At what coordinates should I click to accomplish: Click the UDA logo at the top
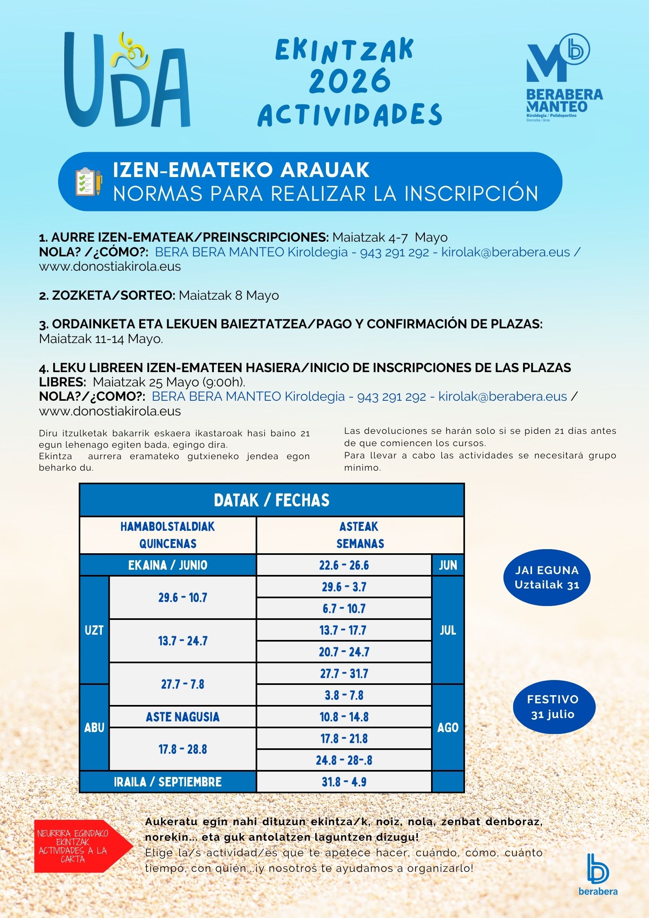pyautogui.click(x=127, y=80)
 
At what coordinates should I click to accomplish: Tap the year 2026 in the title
pyautogui.click(x=350, y=81)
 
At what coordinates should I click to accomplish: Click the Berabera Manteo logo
pyautogui.click(x=564, y=78)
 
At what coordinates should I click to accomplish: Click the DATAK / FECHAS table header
pyautogui.click(x=272, y=500)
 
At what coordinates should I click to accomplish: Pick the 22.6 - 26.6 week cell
pyautogui.click(x=344, y=565)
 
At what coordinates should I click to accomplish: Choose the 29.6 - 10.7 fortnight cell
pyautogui.click(x=182, y=597)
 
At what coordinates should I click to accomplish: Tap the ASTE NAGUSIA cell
pyautogui.click(x=182, y=717)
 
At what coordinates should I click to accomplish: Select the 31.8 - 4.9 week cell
pyautogui.click(x=344, y=782)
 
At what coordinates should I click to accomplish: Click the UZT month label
pyautogui.click(x=94, y=630)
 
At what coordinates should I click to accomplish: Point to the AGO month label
pyautogui.click(x=448, y=727)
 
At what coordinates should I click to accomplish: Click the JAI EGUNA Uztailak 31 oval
pyautogui.click(x=547, y=577)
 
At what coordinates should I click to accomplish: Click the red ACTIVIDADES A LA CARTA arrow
pyautogui.click(x=80, y=846)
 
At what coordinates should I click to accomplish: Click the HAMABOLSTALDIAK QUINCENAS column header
pyautogui.click(x=168, y=535)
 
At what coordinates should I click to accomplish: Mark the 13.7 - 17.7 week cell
pyautogui.click(x=344, y=630)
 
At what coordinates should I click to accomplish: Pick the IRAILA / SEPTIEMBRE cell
pyautogui.click(x=168, y=782)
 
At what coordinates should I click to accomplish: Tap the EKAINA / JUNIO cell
pyautogui.click(x=168, y=565)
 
